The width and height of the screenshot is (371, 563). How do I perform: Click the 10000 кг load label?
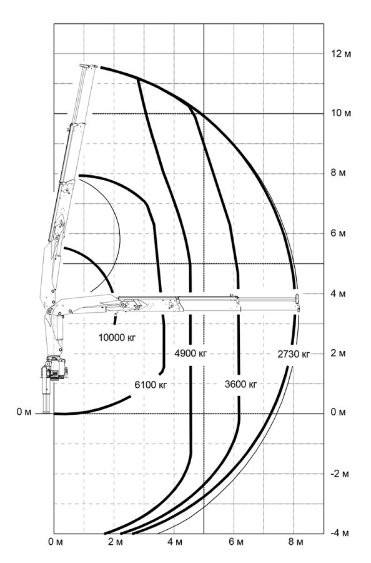point(117,338)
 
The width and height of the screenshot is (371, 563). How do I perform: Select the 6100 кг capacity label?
point(151,385)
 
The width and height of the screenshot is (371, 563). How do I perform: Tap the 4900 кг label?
point(190,353)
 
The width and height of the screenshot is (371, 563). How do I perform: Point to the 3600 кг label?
point(241,384)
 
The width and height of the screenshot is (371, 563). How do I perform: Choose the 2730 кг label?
point(294,354)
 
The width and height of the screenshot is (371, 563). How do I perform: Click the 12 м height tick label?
point(341,54)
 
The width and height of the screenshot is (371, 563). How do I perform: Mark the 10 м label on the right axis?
point(341,113)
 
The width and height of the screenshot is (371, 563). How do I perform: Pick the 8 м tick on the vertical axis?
point(339,173)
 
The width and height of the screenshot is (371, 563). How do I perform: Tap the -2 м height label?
point(339,474)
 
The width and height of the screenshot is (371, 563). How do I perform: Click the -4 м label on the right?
point(339,533)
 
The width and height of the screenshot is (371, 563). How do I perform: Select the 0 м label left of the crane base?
point(24,412)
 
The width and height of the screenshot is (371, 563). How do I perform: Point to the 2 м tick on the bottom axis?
point(115,542)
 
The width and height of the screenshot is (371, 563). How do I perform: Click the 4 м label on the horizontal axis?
point(175,542)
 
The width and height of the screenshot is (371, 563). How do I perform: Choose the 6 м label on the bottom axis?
point(235,542)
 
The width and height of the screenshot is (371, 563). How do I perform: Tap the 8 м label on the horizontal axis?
point(295,542)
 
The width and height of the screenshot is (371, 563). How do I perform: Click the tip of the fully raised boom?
point(89,66)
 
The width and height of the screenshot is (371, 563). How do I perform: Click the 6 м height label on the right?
point(339,234)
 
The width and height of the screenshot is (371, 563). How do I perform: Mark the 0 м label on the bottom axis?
point(56,542)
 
